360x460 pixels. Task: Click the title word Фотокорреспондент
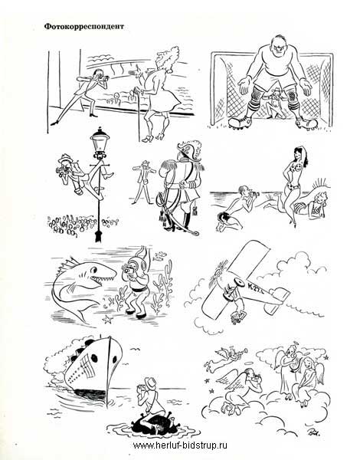[x=84, y=27]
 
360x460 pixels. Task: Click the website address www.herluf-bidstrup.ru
[x=180, y=445]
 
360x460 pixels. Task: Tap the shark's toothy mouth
[x=103, y=278]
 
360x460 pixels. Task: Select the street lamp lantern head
[x=100, y=141]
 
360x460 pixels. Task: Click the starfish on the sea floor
[x=106, y=319]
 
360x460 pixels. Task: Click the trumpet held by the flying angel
[x=239, y=351]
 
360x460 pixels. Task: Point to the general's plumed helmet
[x=189, y=150]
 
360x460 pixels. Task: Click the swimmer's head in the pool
[x=117, y=96]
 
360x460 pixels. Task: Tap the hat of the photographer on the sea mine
[x=150, y=383]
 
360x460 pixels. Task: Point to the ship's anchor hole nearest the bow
[x=115, y=360]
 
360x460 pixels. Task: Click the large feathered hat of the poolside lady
[x=165, y=59]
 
